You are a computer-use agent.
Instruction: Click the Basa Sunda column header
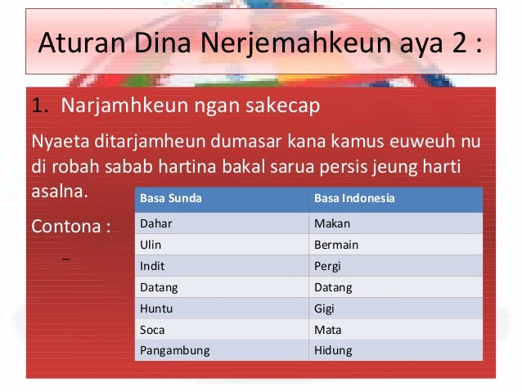(171, 199)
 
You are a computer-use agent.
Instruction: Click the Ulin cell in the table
(151, 244)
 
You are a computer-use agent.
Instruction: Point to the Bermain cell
(336, 244)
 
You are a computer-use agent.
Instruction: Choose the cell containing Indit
(152, 265)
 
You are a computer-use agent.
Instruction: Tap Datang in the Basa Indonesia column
(333, 286)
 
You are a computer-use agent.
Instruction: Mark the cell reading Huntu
(156, 308)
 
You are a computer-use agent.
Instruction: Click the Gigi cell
(325, 308)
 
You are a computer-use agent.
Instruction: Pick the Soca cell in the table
(153, 329)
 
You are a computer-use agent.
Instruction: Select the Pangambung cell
(175, 350)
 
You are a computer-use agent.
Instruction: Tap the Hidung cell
(333, 350)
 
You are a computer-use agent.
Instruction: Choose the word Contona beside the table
(66, 225)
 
